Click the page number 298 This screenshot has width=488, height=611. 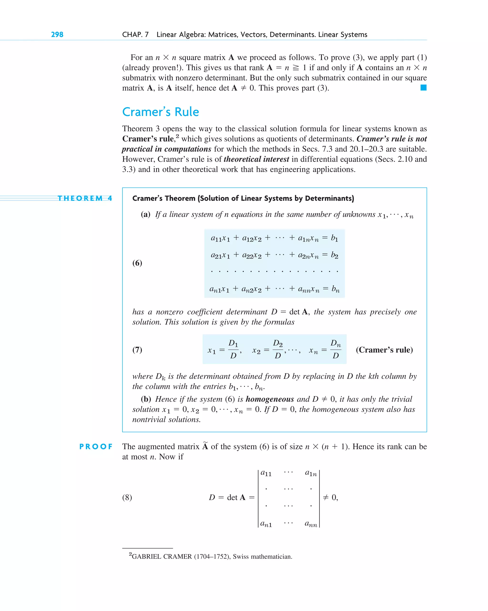[57, 35]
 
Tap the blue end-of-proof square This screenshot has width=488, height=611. [423, 88]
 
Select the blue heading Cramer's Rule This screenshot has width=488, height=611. [161, 112]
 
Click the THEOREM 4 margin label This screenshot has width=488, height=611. [85, 198]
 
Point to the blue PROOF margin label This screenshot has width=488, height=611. [96, 447]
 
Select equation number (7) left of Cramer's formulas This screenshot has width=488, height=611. [137, 350]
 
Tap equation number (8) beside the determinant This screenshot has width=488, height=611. [127, 497]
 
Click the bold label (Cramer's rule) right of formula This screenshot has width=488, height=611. [384, 350]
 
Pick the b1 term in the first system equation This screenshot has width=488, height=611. [334, 238]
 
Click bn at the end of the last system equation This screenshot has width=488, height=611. [335, 289]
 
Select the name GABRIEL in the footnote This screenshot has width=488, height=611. [146, 557]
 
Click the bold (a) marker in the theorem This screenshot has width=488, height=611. [146, 214]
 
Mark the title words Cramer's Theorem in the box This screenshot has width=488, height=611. [164, 198]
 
